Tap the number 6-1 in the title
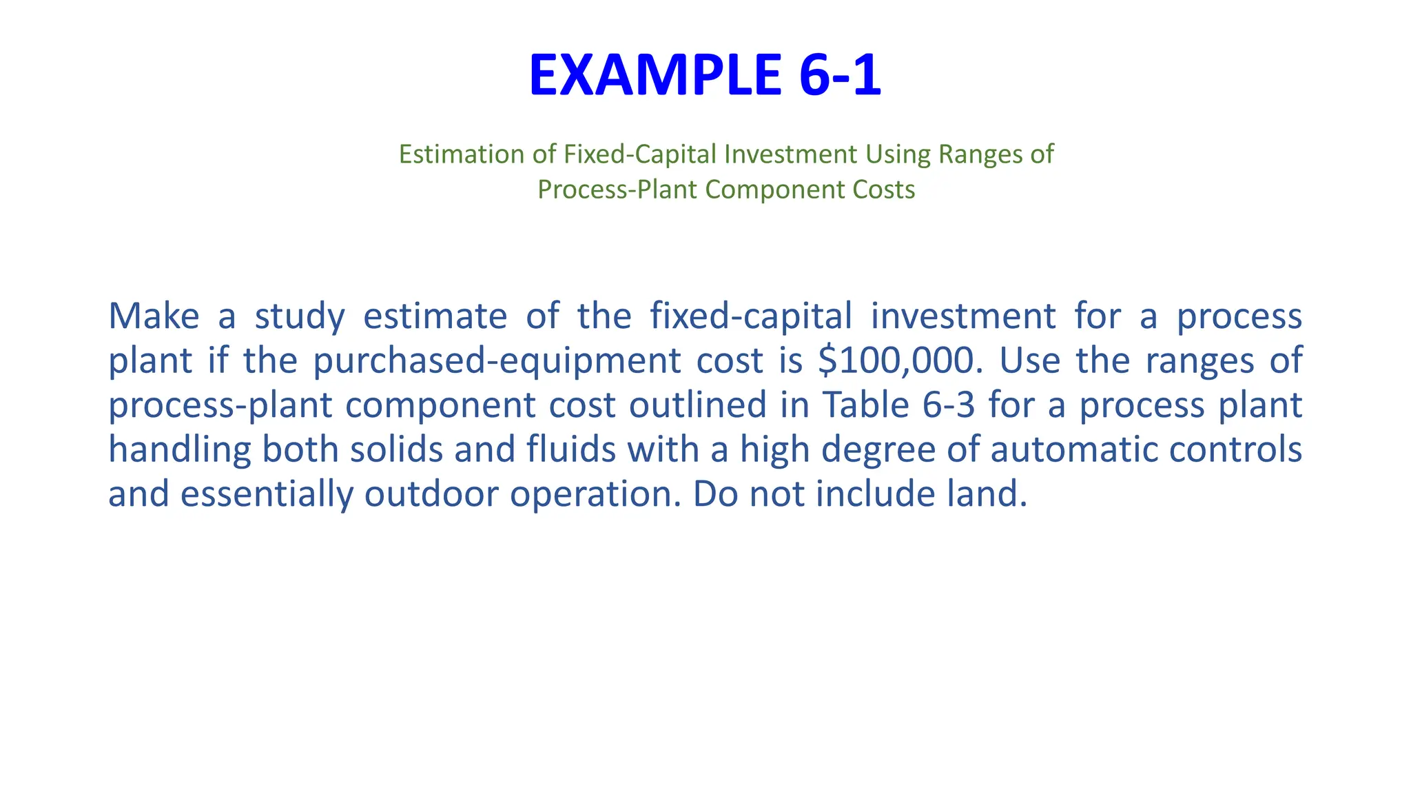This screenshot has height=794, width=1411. pyautogui.click(x=840, y=76)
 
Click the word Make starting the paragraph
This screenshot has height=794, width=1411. pyautogui.click(x=154, y=316)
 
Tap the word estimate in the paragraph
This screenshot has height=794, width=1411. pyautogui.click(x=435, y=316)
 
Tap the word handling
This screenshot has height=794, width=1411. pyautogui.click(x=178, y=451)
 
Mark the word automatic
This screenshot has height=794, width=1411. pyautogui.click(x=1089, y=449)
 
